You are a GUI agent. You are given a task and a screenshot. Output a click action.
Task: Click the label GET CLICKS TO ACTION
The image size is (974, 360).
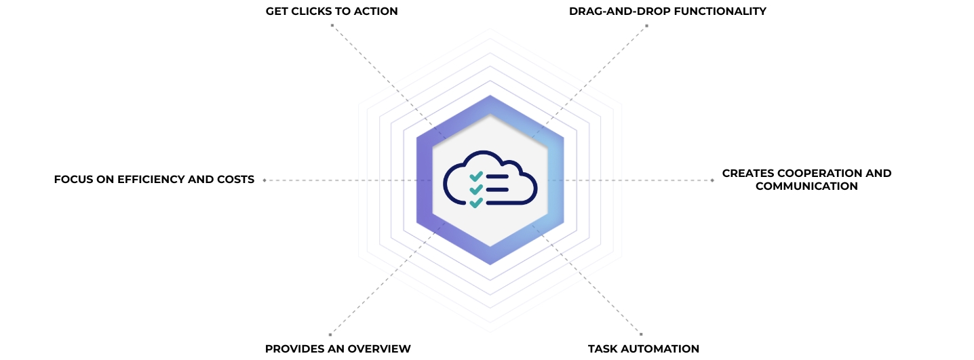(x=331, y=11)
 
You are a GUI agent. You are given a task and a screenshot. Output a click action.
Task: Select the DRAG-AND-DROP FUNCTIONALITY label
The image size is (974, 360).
(x=667, y=11)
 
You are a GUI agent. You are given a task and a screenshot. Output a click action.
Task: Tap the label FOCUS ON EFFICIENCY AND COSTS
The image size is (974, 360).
(x=154, y=180)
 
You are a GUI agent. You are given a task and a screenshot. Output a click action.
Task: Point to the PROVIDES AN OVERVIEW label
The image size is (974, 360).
(x=338, y=348)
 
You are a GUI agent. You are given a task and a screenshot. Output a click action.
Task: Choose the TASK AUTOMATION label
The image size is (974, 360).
(x=643, y=348)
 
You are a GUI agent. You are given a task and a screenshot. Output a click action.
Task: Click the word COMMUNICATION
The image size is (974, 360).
(x=806, y=186)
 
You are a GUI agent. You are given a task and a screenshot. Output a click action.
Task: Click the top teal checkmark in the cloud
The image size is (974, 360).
(x=476, y=176)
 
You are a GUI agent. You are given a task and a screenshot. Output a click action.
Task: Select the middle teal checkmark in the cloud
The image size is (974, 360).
(x=476, y=189)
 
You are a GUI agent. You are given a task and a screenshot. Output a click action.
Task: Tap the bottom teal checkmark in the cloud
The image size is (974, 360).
(x=476, y=202)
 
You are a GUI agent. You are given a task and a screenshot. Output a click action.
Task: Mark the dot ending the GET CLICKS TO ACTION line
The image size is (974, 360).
(x=332, y=25)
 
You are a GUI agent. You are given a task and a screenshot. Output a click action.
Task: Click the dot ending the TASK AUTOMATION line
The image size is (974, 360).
(x=641, y=334)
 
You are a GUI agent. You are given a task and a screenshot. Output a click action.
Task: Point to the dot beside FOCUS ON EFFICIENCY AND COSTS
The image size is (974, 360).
(x=264, y=180)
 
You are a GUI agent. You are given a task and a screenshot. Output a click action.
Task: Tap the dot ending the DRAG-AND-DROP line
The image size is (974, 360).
(x=646, y=26)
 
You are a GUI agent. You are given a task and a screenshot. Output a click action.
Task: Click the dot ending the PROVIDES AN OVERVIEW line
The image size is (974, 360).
(x=330, y=334)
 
